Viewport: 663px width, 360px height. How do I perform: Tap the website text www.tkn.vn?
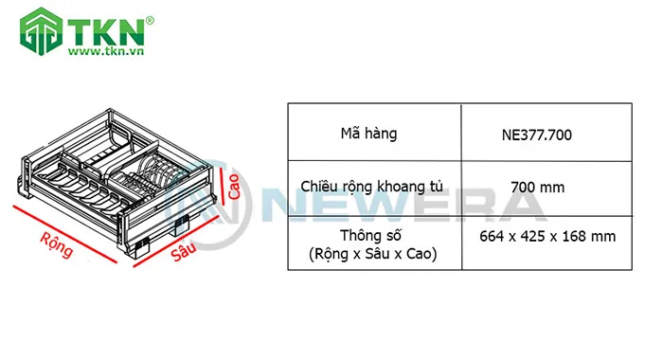(104, 52)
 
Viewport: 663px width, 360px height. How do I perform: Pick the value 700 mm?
(537, 188)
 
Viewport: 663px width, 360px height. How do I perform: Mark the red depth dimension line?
(180, 242)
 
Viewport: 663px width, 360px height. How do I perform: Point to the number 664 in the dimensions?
(495, 237)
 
